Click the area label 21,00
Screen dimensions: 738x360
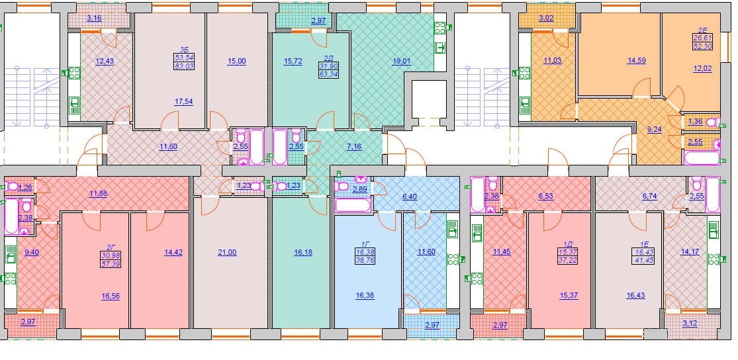(227, 252)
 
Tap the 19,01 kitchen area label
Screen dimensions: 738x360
(401, 61)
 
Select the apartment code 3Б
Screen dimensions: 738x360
(183, 48)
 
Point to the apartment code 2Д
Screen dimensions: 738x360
(328, 58)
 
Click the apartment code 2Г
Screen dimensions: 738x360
(111, 247)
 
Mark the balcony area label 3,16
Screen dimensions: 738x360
(94, 19)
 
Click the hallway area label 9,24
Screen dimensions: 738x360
(654, 130)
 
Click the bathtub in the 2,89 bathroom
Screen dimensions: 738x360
(353, 206)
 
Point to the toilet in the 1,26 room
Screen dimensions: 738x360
(12, 187)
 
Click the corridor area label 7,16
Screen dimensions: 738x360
(354, 146)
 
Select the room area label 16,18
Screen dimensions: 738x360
(303, 252)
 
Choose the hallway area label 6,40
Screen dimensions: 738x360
(410, 196)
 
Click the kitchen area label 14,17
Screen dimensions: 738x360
(690, 251)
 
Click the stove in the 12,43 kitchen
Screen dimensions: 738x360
(74, 73)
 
